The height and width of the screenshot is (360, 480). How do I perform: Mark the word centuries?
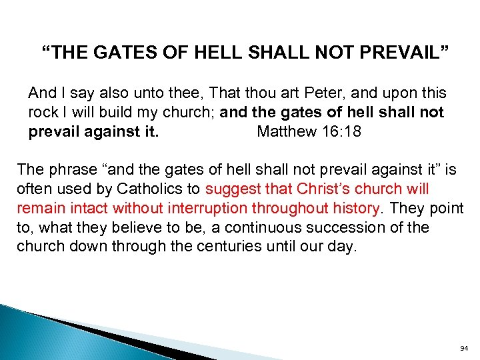click(x=225, y=247)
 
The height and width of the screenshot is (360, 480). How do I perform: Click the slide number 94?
click(x=465, y=348)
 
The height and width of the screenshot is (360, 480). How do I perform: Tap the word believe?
click(x=139, y=228)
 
